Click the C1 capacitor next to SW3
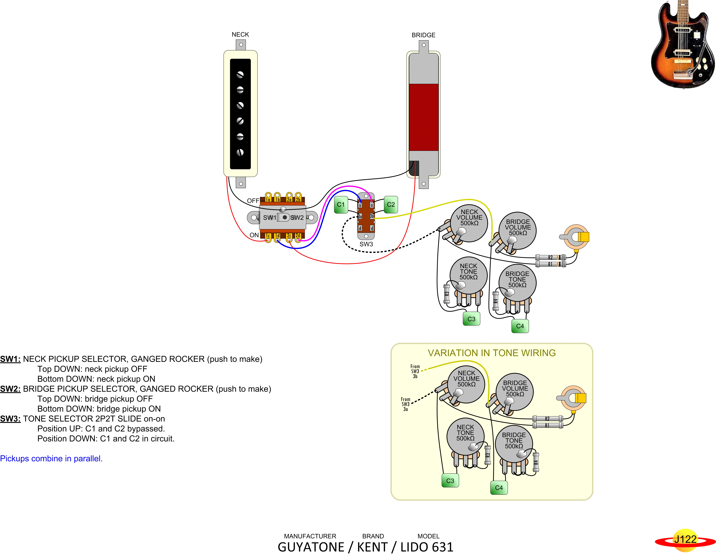pos(341,205)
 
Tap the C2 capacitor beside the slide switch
pos(391,205)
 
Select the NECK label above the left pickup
pos(240,34)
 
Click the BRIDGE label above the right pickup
pos(424,35)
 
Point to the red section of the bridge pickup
pos(424,117)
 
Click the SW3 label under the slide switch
pos(366,244)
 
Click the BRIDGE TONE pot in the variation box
pos(514,444)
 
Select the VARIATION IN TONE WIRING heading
pos(492,353)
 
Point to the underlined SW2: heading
pos(10,389)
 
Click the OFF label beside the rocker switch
pos(253,201)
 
